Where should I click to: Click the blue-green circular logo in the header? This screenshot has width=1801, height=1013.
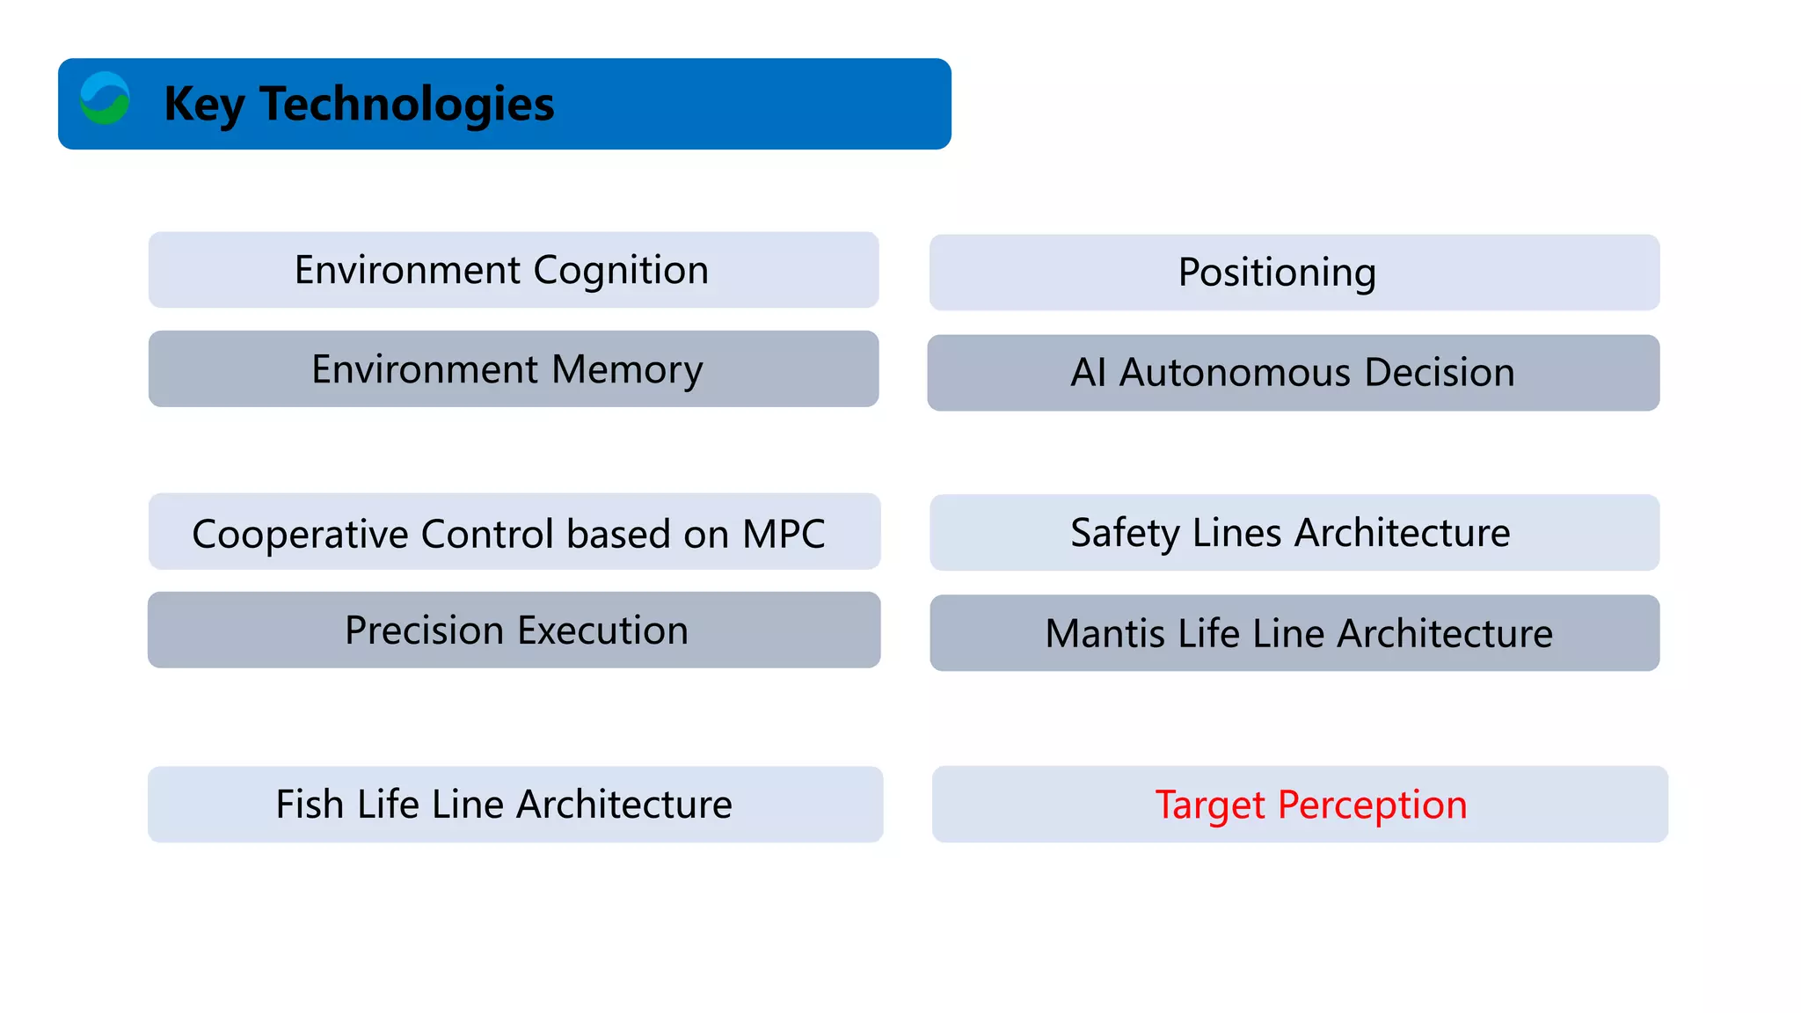click(105, 98)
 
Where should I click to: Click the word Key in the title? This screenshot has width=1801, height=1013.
click(203, 105)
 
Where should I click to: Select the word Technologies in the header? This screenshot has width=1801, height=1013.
click(406, 105)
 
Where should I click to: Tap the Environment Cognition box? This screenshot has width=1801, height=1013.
click(514, 270)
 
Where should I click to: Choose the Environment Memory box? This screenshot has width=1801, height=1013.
click(514, 369)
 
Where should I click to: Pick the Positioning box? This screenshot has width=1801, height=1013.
click(1294, 273)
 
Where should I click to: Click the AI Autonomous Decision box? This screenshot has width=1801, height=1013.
click(1293, 373)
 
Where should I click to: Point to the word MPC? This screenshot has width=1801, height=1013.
click(783, 534)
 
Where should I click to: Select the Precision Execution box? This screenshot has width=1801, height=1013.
click(514, 630)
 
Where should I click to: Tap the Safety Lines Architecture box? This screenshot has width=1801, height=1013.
click(1294, 533)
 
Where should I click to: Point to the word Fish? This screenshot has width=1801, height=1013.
click(309, 804)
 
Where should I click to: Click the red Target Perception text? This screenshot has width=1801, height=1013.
click(1310, 805)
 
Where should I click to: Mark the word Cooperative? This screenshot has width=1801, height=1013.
click(299, 534)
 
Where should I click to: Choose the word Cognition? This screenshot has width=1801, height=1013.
click(621, 271)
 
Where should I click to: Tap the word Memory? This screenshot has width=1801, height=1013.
click(627, 370)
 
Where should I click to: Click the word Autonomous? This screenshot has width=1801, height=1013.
click(1235, 373)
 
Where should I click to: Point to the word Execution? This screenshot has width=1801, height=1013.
click(602, 630)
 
